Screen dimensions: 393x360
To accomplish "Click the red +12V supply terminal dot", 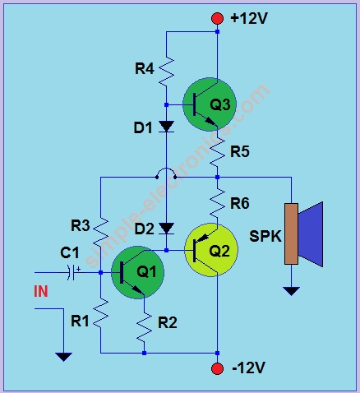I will pos(217,18).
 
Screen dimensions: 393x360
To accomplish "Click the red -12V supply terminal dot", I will pos(217,368).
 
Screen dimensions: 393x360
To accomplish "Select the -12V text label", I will pos(251,368).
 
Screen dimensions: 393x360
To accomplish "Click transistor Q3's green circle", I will pos(211,104).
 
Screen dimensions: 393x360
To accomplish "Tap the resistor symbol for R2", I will pos(144,328).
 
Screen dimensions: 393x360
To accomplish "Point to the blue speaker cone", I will pos(312,233).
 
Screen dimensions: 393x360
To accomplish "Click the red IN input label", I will pos(41,291).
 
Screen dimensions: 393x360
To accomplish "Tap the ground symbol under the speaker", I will pos(290,289).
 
